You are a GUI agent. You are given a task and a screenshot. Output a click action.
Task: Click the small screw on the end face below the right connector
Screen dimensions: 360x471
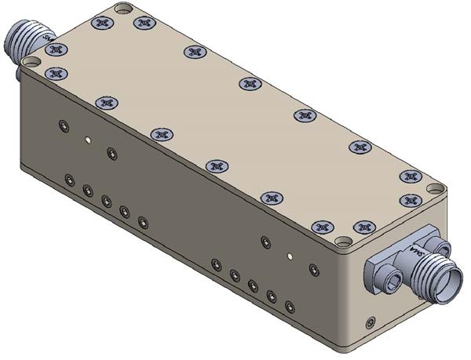pos(370,322)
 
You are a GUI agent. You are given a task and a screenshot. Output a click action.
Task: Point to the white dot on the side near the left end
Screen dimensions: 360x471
pos(89,140)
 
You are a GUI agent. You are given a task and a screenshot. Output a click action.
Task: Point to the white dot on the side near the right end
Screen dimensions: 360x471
pos(290,255)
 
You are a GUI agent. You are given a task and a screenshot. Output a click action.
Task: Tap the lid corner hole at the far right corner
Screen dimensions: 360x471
pos(435,189)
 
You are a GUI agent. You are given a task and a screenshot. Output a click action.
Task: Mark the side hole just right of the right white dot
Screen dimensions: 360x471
pos(313,269)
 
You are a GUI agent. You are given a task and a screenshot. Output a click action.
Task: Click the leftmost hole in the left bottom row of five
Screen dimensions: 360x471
pos(70,180)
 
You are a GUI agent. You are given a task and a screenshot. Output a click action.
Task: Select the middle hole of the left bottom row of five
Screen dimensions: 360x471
pos(106,200)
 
